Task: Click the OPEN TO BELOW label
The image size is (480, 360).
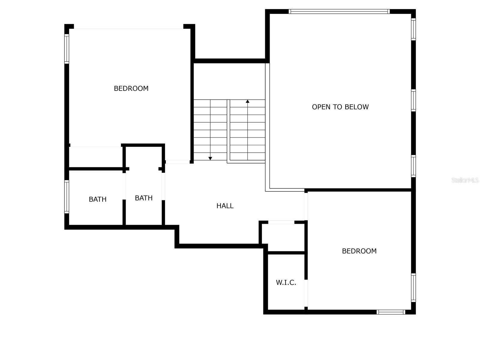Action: [x=340, y=107]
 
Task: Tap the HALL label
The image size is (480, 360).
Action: [x=225, y=206]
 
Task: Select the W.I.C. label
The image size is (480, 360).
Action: [x=286, y=283]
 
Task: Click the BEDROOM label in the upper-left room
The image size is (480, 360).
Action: [x=131, y=88]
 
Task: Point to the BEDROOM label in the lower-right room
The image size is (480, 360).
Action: [x=359, y=251]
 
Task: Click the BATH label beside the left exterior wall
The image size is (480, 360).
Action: [x=97, y=199]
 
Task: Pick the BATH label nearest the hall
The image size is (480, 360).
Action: [x=144, y=198]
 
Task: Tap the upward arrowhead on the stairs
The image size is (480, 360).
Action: [x=247, y=102]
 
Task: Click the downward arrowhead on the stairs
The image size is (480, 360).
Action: [x=210, y=158]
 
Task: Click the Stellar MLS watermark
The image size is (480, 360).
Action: [x=465, y=180]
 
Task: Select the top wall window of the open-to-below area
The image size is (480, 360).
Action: [x=339, y=11]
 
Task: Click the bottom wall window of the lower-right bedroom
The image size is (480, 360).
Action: [x=391, y=312]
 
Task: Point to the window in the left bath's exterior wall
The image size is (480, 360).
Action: [x=67, y=196]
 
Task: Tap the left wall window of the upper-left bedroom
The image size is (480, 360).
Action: [x=67, y=49]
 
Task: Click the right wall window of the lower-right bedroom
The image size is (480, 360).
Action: [x=413, y=287]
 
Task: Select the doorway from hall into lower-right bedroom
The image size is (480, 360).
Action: [x=306, y=206]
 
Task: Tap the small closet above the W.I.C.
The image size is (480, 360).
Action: [x=283, y=237]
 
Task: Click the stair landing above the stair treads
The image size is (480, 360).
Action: [x=229, y=81]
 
